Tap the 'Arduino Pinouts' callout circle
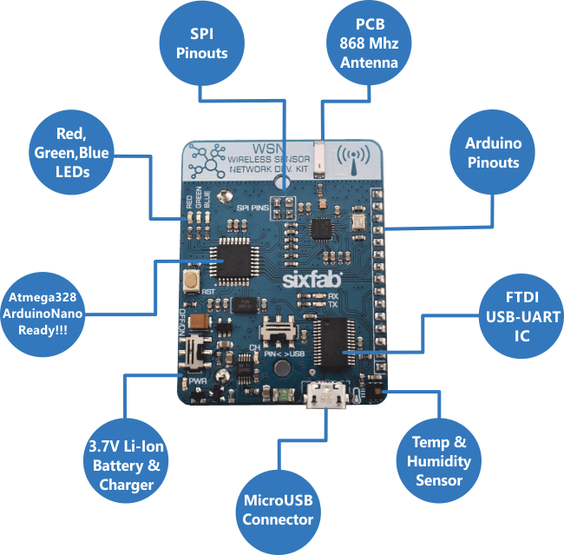[x=491, y=152]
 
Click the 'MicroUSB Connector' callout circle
[x=278, y=510]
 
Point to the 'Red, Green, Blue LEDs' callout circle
[x=71, y=153]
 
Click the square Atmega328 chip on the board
[x=235, y=258]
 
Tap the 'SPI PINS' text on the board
[x=253, y=209]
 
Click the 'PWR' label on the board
[x=200, y=380]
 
